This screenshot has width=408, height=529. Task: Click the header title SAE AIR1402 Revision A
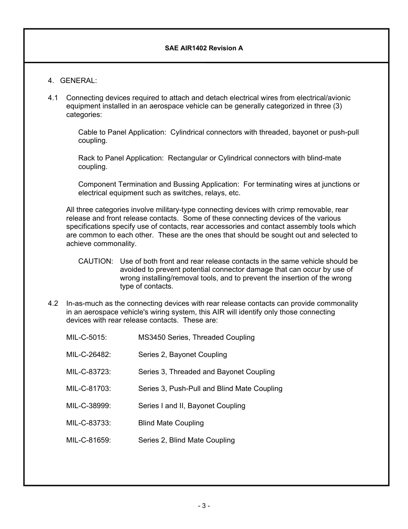(204, 48)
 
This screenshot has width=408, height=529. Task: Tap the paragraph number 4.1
(53, 98)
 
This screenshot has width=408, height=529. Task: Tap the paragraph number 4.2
(53, 304)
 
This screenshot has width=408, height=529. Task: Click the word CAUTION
(95, 261)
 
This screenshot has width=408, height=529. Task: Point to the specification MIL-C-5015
(86, 338)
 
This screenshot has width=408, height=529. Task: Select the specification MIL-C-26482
(88, 355)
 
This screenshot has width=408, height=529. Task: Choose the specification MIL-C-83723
(88, 372)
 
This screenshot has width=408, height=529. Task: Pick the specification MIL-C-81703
(88, 389)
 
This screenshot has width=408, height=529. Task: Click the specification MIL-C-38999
(88, 406)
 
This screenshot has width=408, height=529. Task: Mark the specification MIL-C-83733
(88, 423)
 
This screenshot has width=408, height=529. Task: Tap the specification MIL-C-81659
(88, 440)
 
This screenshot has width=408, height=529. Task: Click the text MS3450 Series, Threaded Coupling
(196, 338)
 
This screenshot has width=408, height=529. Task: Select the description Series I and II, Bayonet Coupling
(192, 406)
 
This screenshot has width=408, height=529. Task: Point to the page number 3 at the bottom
(204, 506)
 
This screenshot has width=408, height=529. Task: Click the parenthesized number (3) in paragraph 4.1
(337, 107)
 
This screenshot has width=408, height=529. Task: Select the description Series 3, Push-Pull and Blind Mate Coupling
(210, 389)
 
